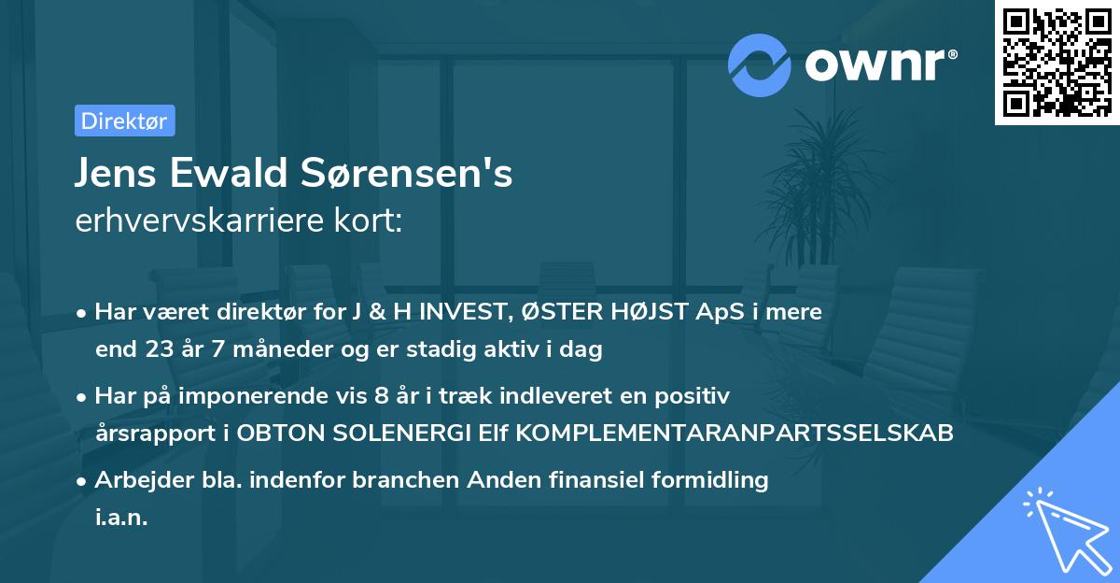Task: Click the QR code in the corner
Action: (x=1057, y=63)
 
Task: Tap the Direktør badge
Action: (x=124, y=121)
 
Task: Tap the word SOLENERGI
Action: (x=400, y=434)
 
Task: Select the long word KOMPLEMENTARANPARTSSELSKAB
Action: (x=729, y=434)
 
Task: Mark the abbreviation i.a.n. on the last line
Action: (x=121, y=518)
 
